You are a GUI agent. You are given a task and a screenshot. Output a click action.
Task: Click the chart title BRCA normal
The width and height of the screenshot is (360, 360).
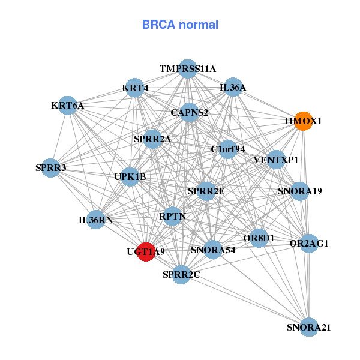click(180, 25)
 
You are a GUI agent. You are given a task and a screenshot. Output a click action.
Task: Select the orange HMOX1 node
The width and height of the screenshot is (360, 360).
click(304, 121)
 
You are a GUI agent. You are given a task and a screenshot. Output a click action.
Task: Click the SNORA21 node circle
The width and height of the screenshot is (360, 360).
click(309, 327)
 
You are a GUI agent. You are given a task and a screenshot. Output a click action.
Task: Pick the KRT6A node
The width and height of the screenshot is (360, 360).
click(68, 106)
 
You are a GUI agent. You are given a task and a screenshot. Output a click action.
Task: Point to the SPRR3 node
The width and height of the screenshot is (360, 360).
click(51, 168)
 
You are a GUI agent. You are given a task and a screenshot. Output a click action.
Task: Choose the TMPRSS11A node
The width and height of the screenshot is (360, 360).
click(188, 69)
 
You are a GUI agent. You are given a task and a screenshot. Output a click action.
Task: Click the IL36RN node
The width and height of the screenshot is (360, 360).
click(96, 220)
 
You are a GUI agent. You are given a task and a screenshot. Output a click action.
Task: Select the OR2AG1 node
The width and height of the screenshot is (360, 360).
click(309, 243)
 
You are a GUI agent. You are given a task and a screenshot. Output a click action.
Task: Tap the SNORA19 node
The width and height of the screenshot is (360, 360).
click(300, 191)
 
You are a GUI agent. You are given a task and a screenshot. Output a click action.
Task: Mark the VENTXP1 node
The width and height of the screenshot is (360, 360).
click(276, 160)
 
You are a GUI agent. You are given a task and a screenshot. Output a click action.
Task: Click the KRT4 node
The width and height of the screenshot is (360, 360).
click(136, 88)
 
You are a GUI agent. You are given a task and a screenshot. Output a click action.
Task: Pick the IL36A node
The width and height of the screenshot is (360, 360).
click(233, 88)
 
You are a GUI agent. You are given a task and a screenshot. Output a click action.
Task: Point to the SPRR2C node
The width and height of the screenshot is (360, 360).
click(181, 275)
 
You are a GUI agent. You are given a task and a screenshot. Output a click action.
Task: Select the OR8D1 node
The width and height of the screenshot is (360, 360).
click(259, 238)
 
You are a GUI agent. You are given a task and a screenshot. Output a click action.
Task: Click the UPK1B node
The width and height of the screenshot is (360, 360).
click(130, 176)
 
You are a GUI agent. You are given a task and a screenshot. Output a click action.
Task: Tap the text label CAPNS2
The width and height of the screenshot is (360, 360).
click(190, 112)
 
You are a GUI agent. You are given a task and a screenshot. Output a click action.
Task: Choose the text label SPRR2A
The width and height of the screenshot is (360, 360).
click(152, 139)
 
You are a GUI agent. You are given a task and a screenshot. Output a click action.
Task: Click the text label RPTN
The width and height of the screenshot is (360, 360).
click(173, 216)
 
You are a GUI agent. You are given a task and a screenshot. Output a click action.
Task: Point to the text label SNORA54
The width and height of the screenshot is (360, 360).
click(213, 250)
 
